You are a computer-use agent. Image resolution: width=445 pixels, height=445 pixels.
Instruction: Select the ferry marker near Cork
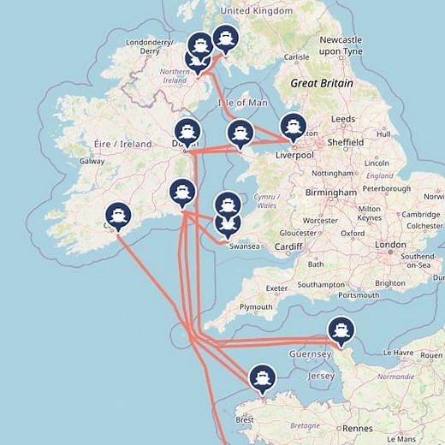(x=117, y=215)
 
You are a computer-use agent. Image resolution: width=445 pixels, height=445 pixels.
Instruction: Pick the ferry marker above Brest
(x=261, y=377)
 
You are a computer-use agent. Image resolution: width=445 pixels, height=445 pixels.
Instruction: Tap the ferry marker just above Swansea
(x=227, y=223)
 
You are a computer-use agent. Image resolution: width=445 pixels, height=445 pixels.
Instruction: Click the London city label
(x=390, y=245)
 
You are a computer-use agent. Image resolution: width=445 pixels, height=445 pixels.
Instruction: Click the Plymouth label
(x=256, y=307)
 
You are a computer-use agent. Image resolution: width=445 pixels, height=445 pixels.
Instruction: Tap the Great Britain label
(x=321, y=84)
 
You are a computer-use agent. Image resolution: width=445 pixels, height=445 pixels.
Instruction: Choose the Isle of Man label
(x=241, y=102)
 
